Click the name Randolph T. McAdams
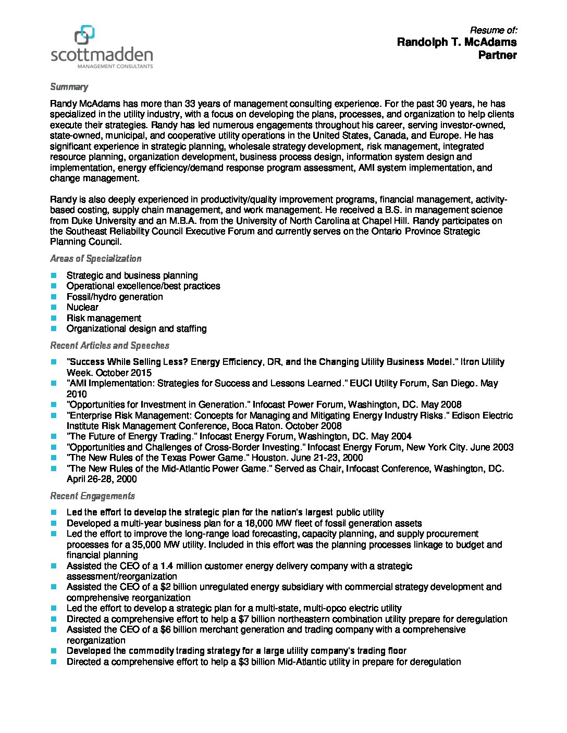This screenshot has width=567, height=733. (457, 42)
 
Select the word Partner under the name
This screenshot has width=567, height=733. (497, 55)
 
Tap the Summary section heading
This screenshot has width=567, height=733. (69, 87)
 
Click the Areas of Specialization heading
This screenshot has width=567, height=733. (95, 259)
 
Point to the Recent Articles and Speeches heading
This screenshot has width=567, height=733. (109, 346)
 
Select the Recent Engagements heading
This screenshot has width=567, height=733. (92, 496)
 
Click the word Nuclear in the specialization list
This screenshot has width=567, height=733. (82, 307)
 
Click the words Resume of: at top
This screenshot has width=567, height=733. (493, 30)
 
